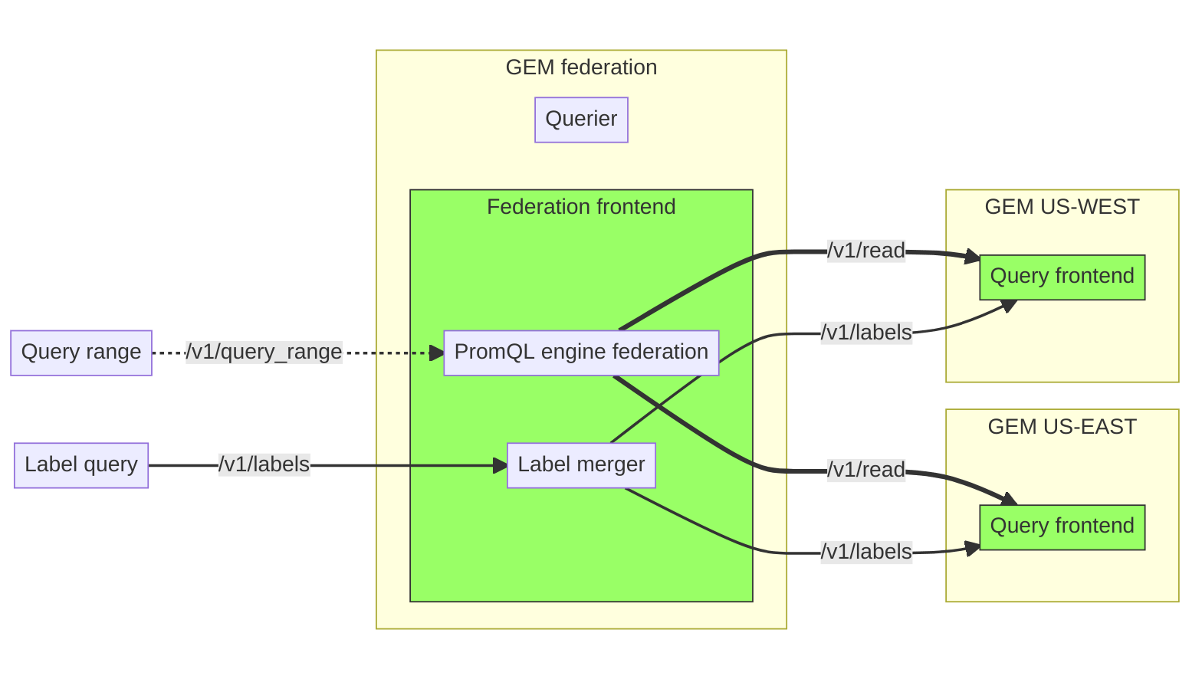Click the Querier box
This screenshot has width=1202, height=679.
581,120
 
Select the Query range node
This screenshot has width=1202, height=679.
81,353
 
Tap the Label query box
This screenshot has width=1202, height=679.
81,465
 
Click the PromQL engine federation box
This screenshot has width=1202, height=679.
581,353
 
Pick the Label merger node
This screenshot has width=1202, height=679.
581,465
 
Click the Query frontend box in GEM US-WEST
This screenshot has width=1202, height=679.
1062,277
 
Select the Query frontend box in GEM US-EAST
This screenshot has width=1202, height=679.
1062,526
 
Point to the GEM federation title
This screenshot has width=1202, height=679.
581,67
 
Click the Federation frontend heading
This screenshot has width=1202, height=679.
581,207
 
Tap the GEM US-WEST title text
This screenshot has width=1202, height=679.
1062,207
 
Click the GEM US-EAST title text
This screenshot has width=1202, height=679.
1062,427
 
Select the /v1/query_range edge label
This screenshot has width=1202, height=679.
264,352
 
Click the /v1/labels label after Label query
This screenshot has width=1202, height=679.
264,464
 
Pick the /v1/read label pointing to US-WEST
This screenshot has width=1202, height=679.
866,251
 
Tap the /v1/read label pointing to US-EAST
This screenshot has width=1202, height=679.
866,470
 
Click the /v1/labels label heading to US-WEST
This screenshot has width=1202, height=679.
866,333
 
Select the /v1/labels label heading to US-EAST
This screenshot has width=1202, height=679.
866,552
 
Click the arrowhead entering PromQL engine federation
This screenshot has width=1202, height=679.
437,353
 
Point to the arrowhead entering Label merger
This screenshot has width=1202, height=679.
501,465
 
